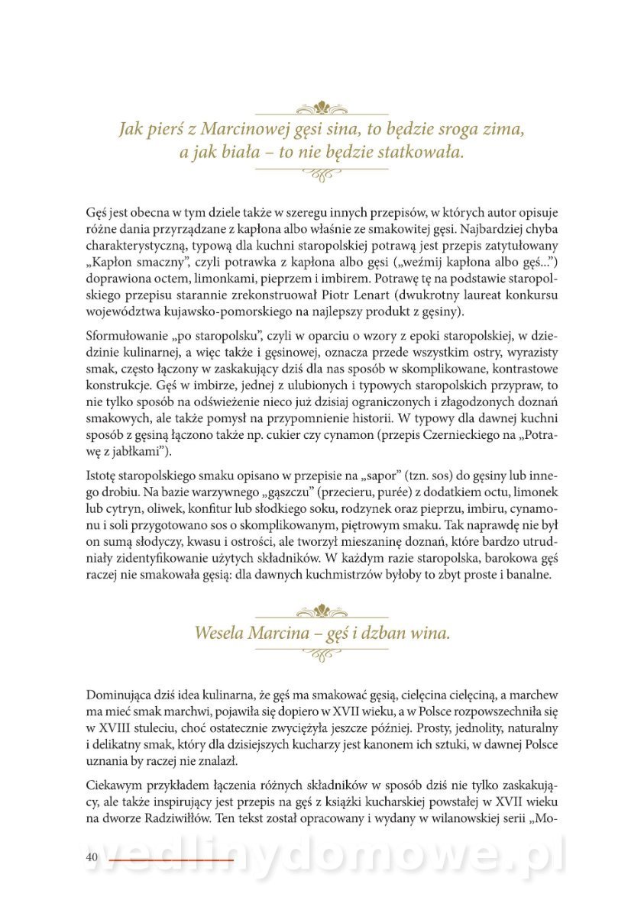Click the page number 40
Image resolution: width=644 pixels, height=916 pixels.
tap(92, 857)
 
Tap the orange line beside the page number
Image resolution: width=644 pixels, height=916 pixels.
tap(171, 860)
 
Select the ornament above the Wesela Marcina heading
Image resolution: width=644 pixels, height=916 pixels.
tap(322, 610)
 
